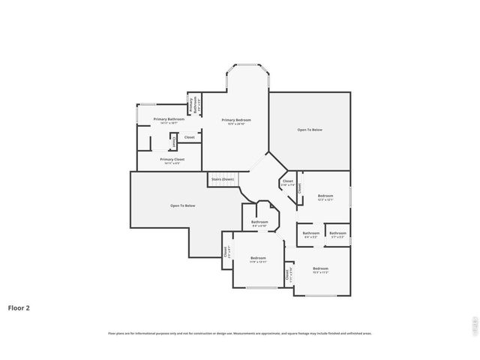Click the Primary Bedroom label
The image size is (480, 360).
pyautogui.click(x=235, y=120)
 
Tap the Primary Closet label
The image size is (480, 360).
pyautogui.click(x=172, y=159)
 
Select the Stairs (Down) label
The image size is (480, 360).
pyautogui.click(x=223, y=179)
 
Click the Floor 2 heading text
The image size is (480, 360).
pyautogui.click(x=19, y=307)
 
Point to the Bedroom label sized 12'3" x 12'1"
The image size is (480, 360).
pyautogui.click(x=325, y=196)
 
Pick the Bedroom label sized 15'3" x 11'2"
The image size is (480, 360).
pyautogui.click(x=320, y=268)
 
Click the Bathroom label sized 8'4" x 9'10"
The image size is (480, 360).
pyautogui.click(x=259, y=222)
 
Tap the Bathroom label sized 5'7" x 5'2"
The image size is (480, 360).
pyautogui.click(x=337, y=233)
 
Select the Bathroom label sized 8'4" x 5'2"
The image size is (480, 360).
pyautogui.click(x=310, y=233)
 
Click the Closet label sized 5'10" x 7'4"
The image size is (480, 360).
pyautogui.click(x=287, y=181)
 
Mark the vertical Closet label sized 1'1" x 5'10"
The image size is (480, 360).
pyautogui.click(x=287, y=274)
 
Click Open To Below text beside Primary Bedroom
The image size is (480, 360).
pyautogui.click(x=309, y=130)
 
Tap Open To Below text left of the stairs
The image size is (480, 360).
pyautogui.click(x=182, y=205)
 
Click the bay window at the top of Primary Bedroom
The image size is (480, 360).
pyautogui.click(x=247, y=69)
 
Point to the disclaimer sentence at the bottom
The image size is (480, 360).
pyautogui.click(x=239, y=333)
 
